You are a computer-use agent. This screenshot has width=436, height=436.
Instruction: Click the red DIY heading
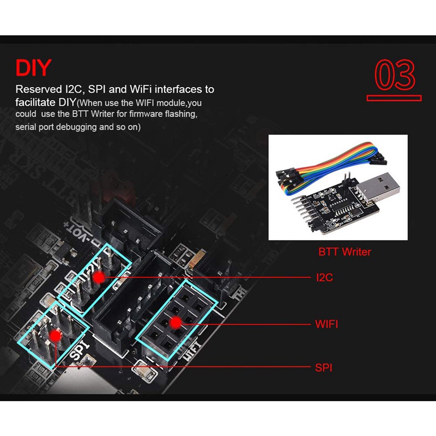coord(33,68)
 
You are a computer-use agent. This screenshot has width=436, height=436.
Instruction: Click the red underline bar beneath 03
coord(394,98)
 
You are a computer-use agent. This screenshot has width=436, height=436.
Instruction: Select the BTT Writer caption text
coord(344,252)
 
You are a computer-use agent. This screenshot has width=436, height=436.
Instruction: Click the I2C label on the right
coord(324,277)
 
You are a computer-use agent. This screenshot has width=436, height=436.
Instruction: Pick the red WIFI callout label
coord(326,324)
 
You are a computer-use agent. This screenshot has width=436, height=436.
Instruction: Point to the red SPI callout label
coord(323,367)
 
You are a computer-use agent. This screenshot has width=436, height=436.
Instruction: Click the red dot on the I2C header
coord(99,277)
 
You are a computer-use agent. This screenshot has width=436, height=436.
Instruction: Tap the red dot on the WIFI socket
coord(175,323)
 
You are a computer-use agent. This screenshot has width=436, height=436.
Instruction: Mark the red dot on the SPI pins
coord(55,335)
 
